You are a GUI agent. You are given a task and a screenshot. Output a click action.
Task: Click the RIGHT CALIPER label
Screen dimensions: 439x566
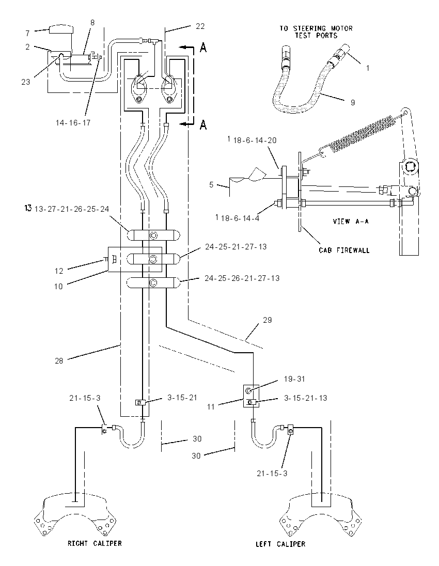pyautogui.click(x=95, y=543)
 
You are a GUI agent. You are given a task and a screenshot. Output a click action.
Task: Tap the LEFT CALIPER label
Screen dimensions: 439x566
pyautogui.click(x=280, y=544)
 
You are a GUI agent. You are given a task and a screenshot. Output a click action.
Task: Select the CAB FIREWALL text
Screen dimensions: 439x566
pyautogui.click(x=344, y=250)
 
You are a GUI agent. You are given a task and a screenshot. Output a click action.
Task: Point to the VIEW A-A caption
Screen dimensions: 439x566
pyautogui.click(x=351, y=221)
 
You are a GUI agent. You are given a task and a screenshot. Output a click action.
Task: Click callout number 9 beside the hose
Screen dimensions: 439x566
pyautogui.click(x=353, y=103)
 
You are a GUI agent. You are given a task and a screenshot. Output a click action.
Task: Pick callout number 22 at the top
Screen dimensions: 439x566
pyautogui.click(x=200, y=26)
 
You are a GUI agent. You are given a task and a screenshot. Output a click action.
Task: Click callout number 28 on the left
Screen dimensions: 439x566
pyautogui.click(x=59, y=360)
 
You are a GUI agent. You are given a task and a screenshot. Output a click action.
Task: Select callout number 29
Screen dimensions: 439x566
pyautogui.click(x=267, y=320)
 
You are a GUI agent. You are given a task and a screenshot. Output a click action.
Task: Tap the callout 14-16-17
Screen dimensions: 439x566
pyautogui.click(x=73, y=123)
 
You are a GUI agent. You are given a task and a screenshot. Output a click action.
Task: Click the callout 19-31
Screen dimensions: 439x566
pyautogui.click(x=294, y=379)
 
